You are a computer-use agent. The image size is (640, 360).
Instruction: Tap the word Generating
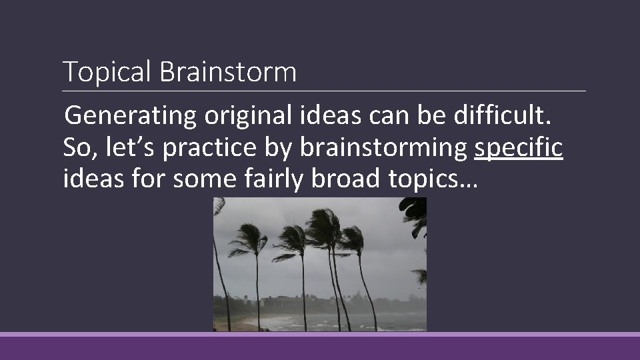pos(131,117)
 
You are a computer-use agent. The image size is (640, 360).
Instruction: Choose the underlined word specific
pos(519,149)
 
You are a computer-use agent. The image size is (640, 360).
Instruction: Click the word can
pos(383,117)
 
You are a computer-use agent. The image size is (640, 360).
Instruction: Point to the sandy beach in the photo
pos(230,325)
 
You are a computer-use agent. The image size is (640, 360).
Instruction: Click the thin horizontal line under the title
pos(324,91)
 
